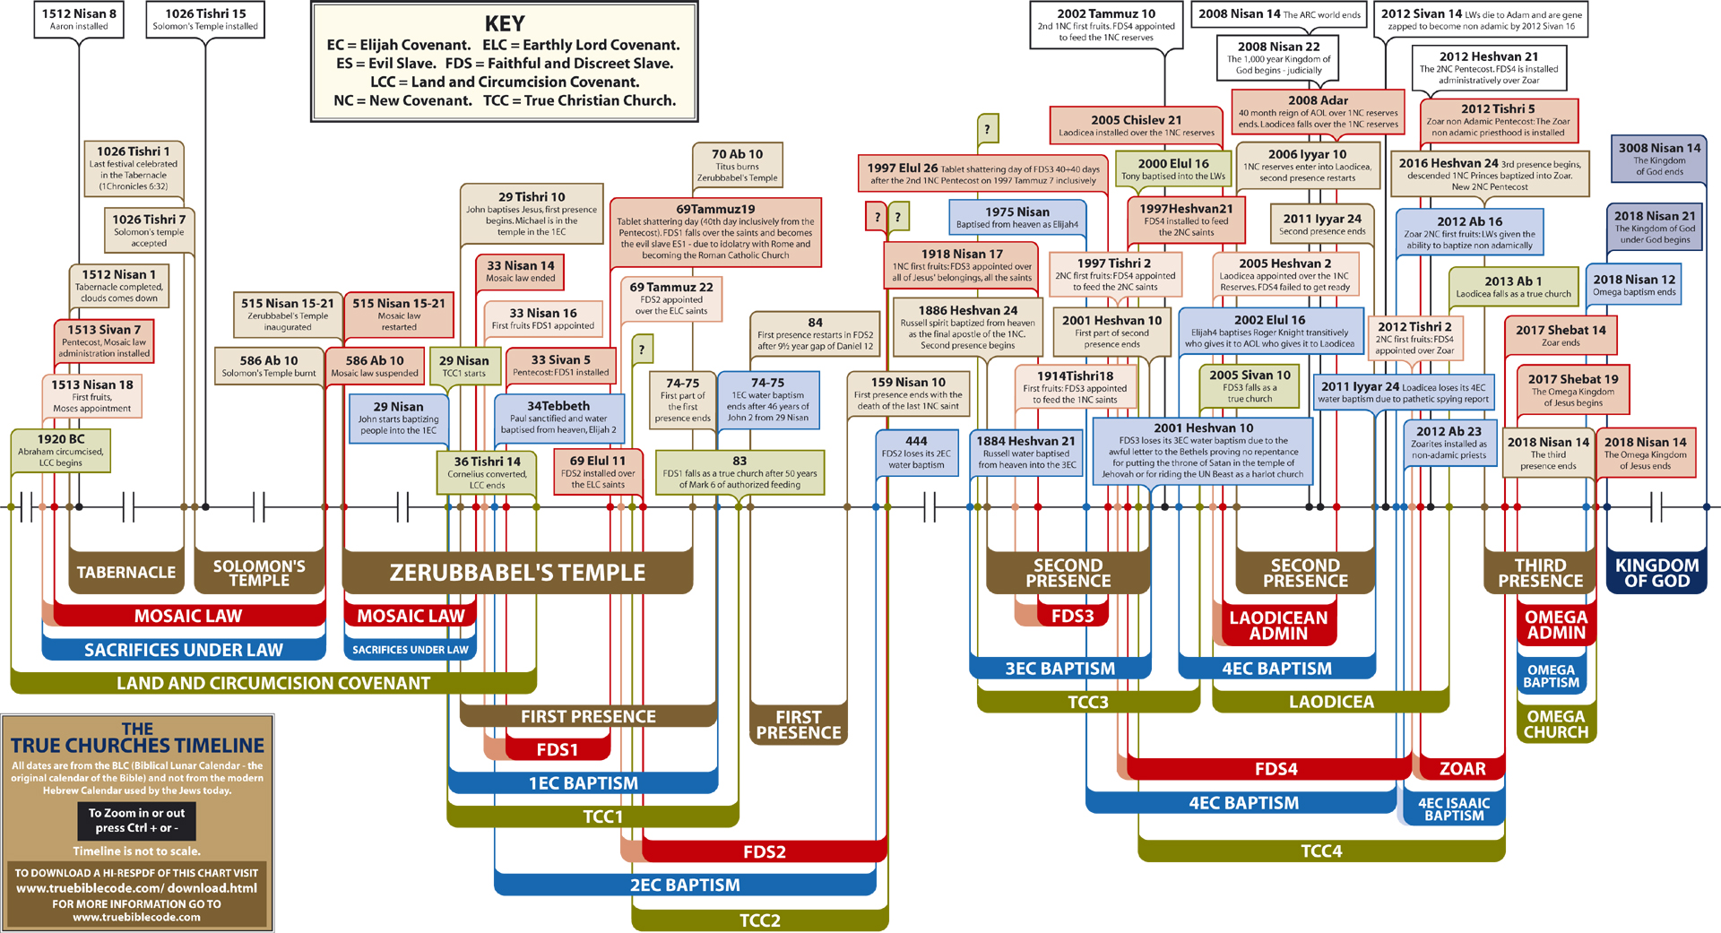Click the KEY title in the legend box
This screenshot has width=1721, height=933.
(504, 23)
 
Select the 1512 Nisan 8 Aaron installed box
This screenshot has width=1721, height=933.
(79, 19)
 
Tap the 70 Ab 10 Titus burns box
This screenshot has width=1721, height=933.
(737, 165)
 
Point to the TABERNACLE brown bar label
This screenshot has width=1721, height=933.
(126, 573)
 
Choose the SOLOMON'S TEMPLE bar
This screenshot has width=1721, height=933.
(259, 573)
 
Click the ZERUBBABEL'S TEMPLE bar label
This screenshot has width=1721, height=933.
(517, 573)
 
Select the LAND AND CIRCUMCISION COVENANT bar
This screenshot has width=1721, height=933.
(273, 683)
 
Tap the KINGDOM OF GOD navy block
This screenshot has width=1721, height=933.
(1656, 573)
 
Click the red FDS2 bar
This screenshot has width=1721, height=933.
(764, 851)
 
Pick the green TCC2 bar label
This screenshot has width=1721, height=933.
(759, 920)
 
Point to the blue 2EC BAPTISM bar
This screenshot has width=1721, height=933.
(685, 885)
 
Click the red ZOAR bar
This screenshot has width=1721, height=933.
(1462, 769)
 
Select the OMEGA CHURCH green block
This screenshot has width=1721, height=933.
(1556, 724)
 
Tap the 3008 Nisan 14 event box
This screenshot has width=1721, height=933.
(1659, 159)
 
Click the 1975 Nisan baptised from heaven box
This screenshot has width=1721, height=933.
(1016, 217)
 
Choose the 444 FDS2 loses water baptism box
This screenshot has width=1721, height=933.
(916, 452)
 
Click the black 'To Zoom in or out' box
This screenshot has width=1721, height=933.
(136, 820)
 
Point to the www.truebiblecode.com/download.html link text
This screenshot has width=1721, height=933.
(136, 888)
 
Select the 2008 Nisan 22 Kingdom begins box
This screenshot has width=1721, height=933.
(1278, 57)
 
